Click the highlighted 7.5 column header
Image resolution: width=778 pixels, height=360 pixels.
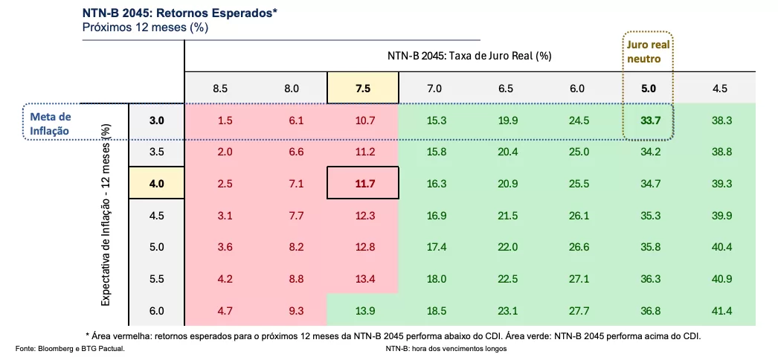pos(363,89)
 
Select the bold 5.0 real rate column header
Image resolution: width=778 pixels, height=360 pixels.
pos(649,89)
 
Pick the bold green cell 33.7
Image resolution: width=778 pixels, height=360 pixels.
pos(649,120)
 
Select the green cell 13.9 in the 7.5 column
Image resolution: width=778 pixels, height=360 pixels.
pos(363,311)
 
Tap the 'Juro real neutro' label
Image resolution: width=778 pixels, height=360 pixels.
pos(648,51)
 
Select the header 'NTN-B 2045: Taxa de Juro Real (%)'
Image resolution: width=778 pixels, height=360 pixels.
pos(469,56)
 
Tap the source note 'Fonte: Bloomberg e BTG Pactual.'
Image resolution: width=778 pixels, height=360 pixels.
pos(70,348)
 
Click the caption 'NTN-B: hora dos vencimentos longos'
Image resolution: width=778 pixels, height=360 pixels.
pos(446,348)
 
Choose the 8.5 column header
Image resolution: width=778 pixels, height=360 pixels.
pos(220,89)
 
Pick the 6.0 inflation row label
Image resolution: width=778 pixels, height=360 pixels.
pos(156,311)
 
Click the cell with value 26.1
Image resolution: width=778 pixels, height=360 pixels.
pos(577,216)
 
